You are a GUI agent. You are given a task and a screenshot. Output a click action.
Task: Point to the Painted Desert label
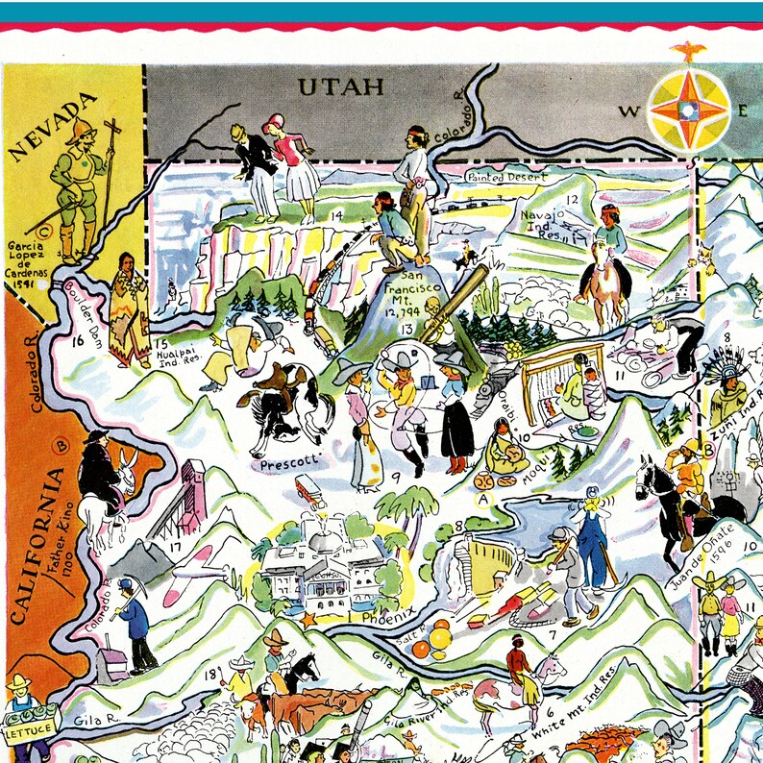[x=506, y=177]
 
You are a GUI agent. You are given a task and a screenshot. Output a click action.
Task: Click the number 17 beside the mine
[x=174, y=550]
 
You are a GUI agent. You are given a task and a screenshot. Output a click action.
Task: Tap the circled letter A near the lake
[x=483, y=498]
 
